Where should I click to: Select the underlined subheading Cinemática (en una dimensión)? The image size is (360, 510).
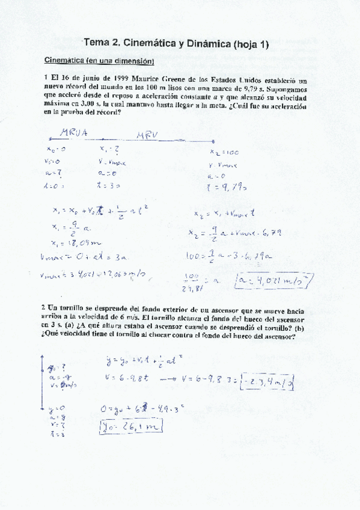[x=99, y=61]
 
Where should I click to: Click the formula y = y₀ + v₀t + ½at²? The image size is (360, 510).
[x=149, y=362]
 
